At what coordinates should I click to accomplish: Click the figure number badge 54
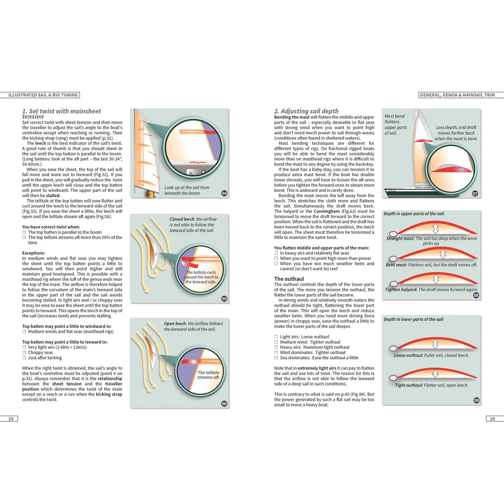tap(224, 193)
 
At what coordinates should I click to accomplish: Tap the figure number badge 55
tap(224, 298)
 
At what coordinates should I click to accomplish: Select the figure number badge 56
tap(224, 404)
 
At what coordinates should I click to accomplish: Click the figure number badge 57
tap(475, 193)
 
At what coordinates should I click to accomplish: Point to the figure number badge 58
tap(476, 295)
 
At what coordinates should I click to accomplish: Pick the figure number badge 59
tap(476, 400)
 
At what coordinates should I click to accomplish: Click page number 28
tap(11, 418)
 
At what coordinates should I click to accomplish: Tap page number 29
tap(492, 418)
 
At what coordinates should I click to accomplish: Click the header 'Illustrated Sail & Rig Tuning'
tap(43, 95)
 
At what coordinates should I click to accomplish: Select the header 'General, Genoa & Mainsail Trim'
tap(458, 95)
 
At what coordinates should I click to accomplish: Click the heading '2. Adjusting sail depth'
tap(306, 111)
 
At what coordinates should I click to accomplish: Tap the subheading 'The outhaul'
tap(289, 279)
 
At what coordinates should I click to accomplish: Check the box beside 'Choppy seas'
tap(24, 352)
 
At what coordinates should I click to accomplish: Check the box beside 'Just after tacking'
tap(24, 358)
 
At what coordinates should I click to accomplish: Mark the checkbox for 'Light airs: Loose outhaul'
tap(276, 337)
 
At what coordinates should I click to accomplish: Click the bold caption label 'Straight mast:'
tap(400, 238)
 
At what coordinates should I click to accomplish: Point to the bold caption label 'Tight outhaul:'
tap(409, 385)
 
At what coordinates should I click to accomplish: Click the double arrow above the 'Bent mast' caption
tap(443, 254)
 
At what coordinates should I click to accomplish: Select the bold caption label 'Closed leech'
tap(182, 219)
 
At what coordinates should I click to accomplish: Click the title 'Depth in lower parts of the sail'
tap(413, 319)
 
